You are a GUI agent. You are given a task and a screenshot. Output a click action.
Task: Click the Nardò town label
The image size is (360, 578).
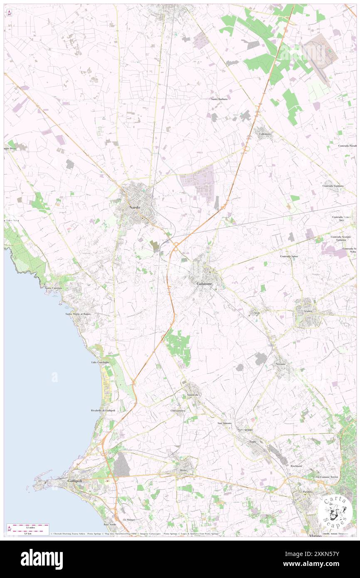(x=134, y=207)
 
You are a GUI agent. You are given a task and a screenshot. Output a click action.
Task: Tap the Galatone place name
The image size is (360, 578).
(x=204, y=284)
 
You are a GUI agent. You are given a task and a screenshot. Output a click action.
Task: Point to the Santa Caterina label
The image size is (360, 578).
(x=53, y=288)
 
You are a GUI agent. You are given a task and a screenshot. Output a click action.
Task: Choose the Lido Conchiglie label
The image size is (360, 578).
(x=100, y=363)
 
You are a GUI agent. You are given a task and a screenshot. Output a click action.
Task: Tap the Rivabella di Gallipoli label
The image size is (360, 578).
(x=103, y=410)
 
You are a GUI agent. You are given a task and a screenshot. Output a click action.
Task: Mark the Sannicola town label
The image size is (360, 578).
(x=192, y=394)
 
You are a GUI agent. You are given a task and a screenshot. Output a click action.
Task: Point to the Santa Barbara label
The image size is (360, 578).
(x=219, y=99)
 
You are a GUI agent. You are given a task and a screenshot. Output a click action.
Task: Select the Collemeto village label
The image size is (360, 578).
(x=265, y=134)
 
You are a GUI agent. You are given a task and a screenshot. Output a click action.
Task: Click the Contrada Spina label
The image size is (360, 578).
(x=288, y=257)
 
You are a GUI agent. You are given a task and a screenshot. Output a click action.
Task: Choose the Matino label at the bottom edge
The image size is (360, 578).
(x=315, y=536)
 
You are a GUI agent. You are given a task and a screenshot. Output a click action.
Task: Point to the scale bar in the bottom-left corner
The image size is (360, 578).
(x=28, y=528)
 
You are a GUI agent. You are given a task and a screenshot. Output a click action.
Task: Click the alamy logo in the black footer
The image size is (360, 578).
(x=42, y=559)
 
